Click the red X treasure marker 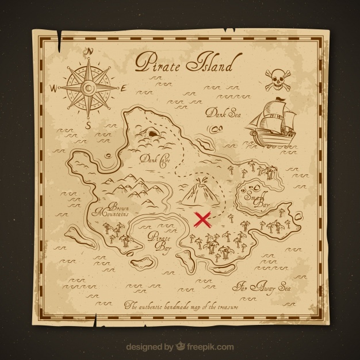pyautogui.click(x=202, y=219)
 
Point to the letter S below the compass pyautogui.click(x=88, y=124)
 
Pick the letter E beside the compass pyautogui.click(x=124, y=87)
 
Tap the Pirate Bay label pyautogui.click(x=159, y=241)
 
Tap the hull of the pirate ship pyautogui.click(x=270, y=135)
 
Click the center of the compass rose pyautogui.click(x=89, y=87)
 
